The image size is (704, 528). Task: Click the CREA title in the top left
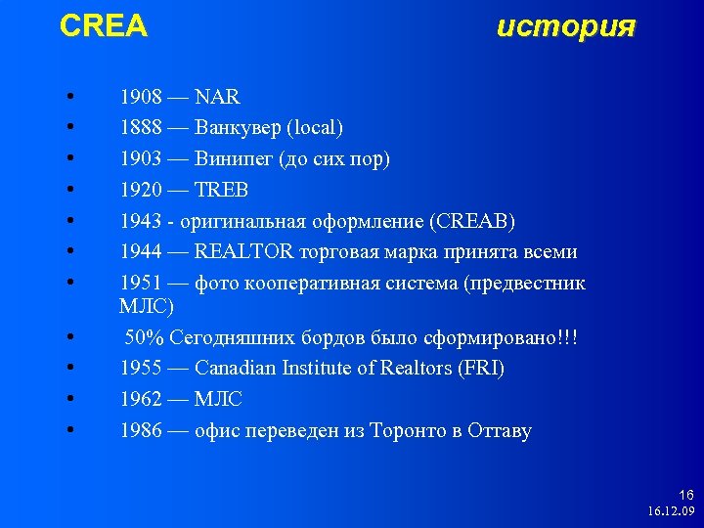pyautogui.click(x=103, y=26)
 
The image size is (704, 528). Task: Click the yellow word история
pyautogui.click(x=566, y=26)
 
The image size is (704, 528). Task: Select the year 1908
pyautogui.click(x=141, y=98)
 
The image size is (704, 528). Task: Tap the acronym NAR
pyautogui.click(x=217, y=98)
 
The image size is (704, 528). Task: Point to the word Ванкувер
pyautogui.click(x=233, y=128)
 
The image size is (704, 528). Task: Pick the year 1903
pyautogui.click(x=141, y=159)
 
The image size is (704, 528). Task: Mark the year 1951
pyautogui.click(x=141, y=284)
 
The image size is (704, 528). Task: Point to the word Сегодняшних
pyautogui.click(x=235, y=338)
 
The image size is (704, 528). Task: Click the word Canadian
pyautogui.click(x=235, y=369)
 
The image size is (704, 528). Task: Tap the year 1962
pyautogui.click(x=141, y=400)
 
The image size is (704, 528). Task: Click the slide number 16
pyautogui.click(x=684, y=496)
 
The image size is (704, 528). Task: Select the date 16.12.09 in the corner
pyautogui.click(x=670, y=511)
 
